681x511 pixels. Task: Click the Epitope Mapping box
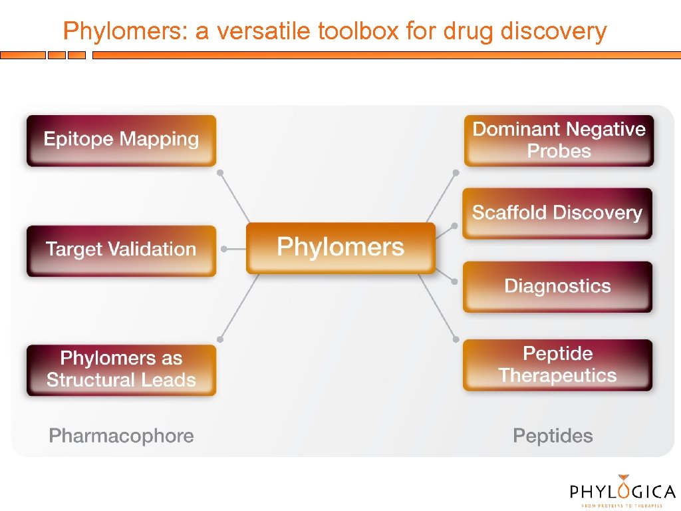coord(121,140)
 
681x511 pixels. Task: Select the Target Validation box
coord(121,250)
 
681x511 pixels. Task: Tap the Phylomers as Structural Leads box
coord(121,369)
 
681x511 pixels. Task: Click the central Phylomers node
coord(340,248)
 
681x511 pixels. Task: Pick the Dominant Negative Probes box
coord(559,140)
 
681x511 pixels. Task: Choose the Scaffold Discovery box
coord(557,213)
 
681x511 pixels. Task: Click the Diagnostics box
coord(557,287)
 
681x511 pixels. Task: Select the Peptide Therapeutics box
coord(557,365)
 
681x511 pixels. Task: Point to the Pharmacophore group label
coord(122,436)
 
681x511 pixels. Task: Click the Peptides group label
coord(553,436)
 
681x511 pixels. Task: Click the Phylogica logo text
coord(622,492)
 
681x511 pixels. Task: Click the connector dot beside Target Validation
coord(224,249)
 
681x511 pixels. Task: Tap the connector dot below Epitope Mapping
coord(220,172)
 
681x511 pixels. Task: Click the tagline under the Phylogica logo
coord(622,506)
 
